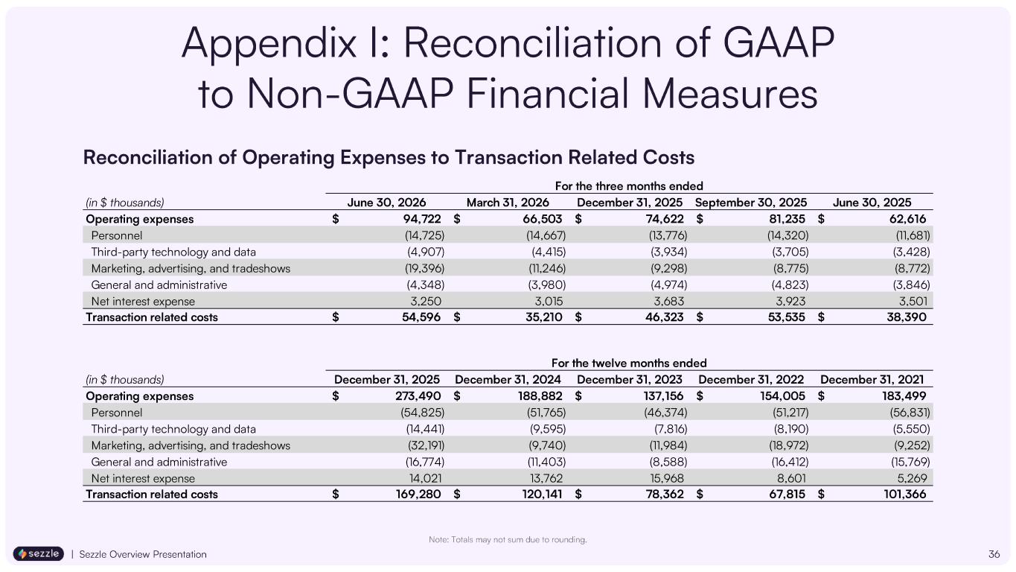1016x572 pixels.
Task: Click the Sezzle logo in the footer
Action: point(39,554)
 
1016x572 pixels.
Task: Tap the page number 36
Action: point(994,554)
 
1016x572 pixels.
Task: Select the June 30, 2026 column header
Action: point(386,203)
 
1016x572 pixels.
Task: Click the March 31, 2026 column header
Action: point(508,203)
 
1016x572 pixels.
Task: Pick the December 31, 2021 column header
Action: point(872,380)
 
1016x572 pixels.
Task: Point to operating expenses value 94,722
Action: point(422,219)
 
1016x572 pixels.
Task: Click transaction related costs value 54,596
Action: point(421,317)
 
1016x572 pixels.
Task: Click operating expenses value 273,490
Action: point(418,396)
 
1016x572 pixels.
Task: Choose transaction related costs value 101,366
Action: point(905,494)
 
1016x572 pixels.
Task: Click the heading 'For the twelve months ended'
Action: point(629,363)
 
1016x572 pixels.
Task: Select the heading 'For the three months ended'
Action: point(629,186)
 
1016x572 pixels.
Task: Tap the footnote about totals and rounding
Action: point(508,540)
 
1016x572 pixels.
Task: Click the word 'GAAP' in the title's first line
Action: point(779,43)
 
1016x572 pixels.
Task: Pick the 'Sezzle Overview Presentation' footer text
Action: point(143,554)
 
